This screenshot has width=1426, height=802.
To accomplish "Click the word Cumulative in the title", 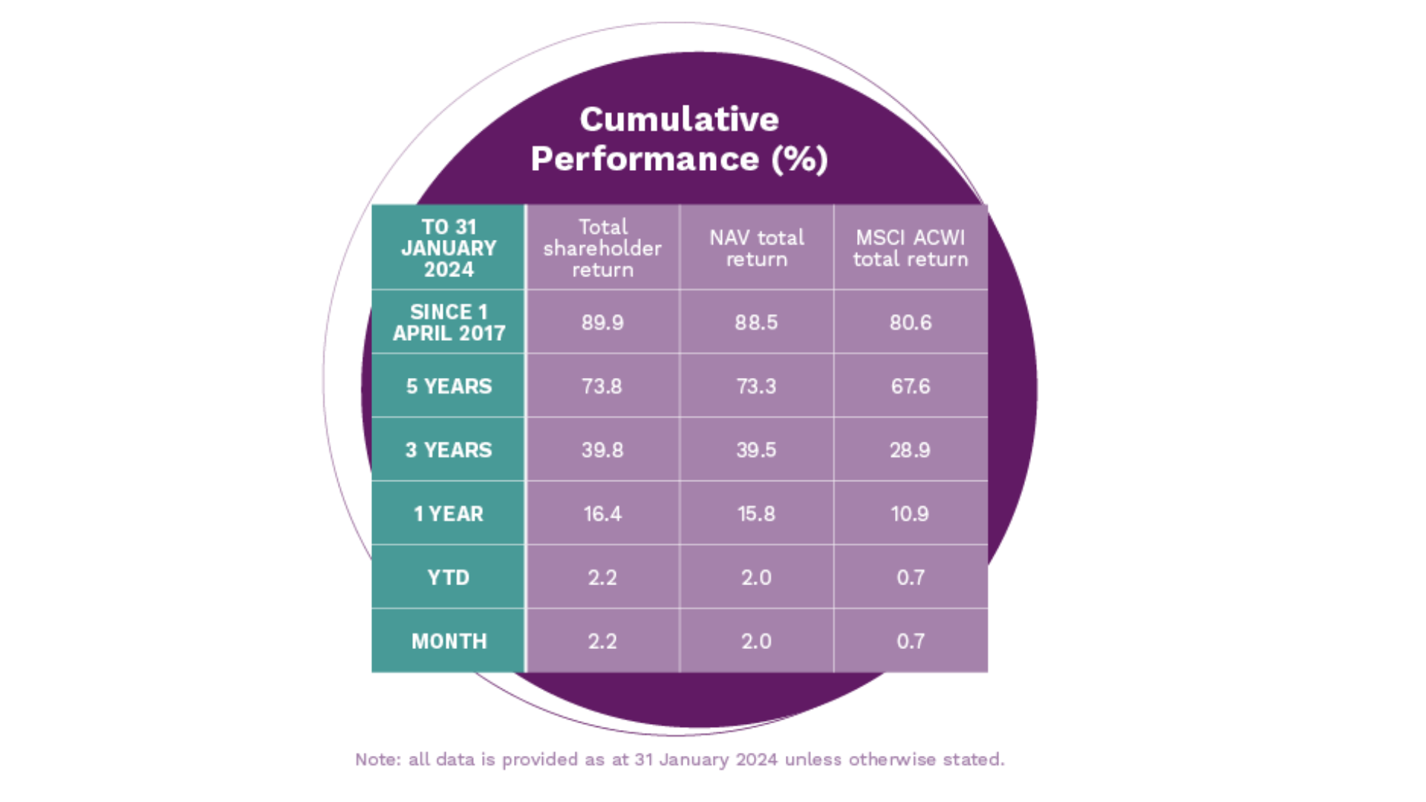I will [x=679, y=120].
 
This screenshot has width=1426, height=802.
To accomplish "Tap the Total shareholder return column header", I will [x=602, y=248].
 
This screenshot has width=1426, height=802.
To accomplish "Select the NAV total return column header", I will [x=756, y=248].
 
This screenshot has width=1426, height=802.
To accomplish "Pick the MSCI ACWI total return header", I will [x=911, y=248].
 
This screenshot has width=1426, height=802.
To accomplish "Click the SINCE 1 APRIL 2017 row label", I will [x=449, y=322].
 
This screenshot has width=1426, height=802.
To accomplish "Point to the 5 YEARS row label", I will [x=449, y=386].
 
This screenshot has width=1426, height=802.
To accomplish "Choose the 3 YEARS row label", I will [x=449, y=450].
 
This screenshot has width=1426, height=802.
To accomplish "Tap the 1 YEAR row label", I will [x=449, y=514].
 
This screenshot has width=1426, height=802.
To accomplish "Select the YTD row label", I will [x=449, y=578].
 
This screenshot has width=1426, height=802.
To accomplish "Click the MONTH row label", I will [x=449, y=642].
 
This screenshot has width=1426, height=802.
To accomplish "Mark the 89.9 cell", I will [x=602, y=322].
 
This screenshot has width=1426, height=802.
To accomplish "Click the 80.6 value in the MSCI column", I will [x=911, y=322].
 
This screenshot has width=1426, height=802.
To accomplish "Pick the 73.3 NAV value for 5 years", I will [x=756, y=386].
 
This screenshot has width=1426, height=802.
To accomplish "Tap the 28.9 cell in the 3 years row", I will [x=911, y=450].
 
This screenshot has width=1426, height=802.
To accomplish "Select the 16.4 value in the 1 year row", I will [x=602, y=514].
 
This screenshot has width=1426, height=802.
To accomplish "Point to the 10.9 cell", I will [x=911, y=514].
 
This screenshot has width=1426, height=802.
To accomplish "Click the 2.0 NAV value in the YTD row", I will [x=756, y=578].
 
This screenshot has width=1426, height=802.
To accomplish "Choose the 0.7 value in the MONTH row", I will [x=911, y=642].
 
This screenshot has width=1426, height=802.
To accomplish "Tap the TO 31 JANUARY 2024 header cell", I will [x=449, y=248].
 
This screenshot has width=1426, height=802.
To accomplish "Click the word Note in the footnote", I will [x=377, y=760].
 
